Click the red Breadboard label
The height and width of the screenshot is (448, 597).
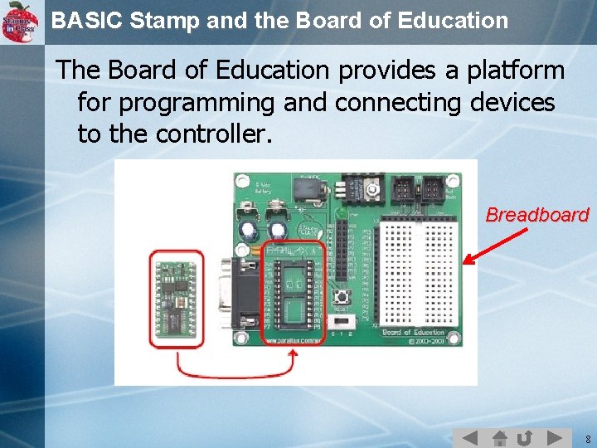pos(536,215)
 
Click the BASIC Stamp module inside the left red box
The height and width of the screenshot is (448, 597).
pos(175,298)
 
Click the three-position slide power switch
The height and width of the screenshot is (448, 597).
pos(341,320)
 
